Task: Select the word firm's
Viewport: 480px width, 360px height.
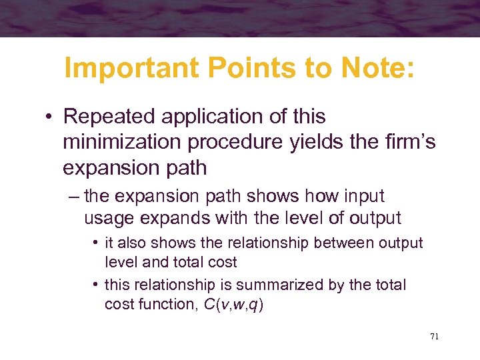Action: click(413, 142)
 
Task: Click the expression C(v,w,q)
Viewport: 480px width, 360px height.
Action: click(233, 305)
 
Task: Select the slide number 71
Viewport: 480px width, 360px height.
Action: click(434, 337)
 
